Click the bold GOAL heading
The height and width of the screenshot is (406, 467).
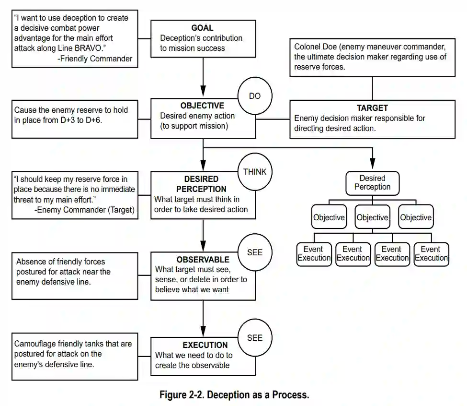(x=202, y=28)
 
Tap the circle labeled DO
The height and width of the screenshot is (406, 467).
(x=255, y=96)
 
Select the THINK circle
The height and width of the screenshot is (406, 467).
(x=255, y=171)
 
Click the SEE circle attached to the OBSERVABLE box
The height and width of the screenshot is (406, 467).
(x=255, y=252)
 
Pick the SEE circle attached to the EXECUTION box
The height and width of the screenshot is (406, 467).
(x=255, y=338)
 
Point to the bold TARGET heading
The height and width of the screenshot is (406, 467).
(x=372, y=108)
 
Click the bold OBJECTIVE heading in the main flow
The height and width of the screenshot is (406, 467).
(x=202, y=106)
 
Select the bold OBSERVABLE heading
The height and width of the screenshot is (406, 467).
(x=203, y=260)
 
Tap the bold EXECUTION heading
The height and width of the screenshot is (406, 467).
(x=205, y=345)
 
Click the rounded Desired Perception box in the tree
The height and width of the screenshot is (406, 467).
(x=372, y=182)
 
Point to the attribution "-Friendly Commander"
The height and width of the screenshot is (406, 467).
(x=94, y=59)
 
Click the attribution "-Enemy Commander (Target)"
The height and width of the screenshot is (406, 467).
(x=84, y=210)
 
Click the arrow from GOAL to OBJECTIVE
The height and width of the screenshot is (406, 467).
(x=203, y=77)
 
